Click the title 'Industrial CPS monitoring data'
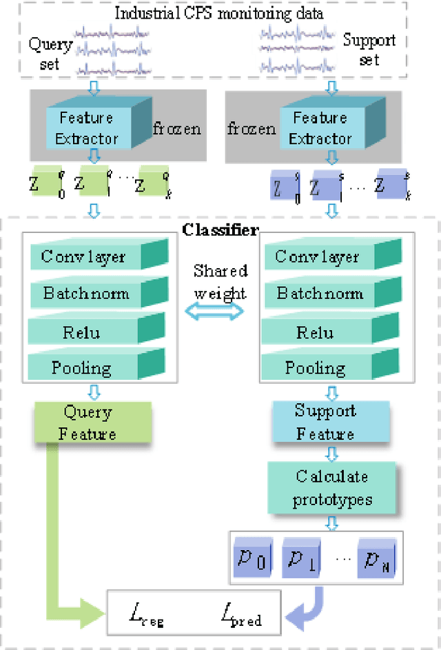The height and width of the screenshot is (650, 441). click(x=219, y=12)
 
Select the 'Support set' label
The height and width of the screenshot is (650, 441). click(x=369, y=50)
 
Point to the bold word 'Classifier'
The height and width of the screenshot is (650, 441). click(x=220, y=230)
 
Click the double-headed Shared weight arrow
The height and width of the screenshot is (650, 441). click(x=219, y=311)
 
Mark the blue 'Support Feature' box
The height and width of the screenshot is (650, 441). click(x=325, y=422)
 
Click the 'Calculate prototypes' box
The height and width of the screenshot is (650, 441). click(x=331, y=487)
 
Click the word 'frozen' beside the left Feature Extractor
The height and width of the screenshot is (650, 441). click(x=176, y=128)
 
